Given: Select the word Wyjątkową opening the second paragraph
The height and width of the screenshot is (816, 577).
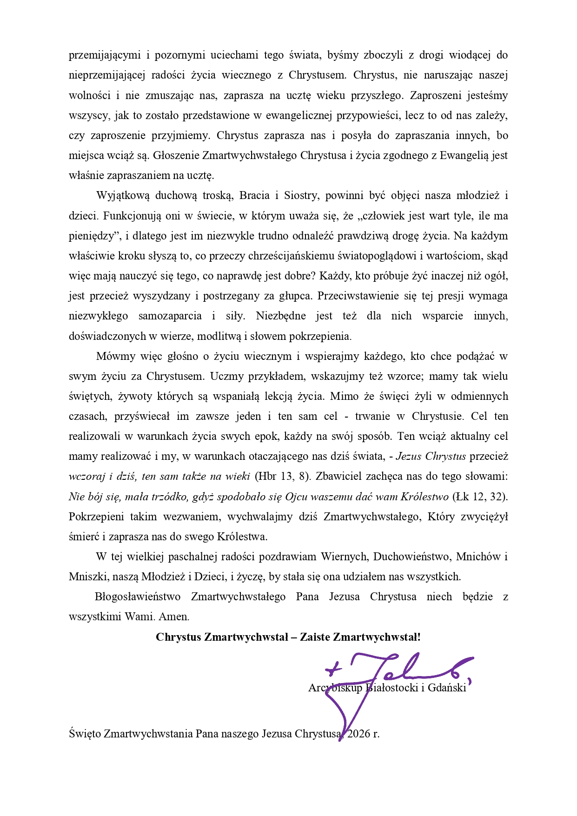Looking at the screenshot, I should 123,195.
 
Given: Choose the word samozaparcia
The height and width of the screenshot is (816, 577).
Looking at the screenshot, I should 170,316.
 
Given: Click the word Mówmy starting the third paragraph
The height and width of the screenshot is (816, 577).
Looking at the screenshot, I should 113,356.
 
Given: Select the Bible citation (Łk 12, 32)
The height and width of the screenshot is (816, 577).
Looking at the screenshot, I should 480,496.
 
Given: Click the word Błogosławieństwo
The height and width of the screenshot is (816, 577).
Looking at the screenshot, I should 138,597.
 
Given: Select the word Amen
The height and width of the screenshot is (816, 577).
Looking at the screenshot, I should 174,617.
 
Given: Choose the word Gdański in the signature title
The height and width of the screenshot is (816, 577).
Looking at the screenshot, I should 447,688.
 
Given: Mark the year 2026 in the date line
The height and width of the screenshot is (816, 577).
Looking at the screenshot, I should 359,734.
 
